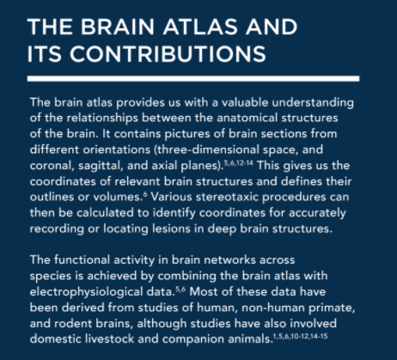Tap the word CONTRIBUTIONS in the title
[x=168, y=54]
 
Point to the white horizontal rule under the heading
[x=193, y=79]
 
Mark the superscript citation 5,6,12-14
[x=239, y=163]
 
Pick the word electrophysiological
[x=101, y=292]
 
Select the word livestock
[x=109, y=339]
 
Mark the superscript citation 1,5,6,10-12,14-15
[x=301, y=336]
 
